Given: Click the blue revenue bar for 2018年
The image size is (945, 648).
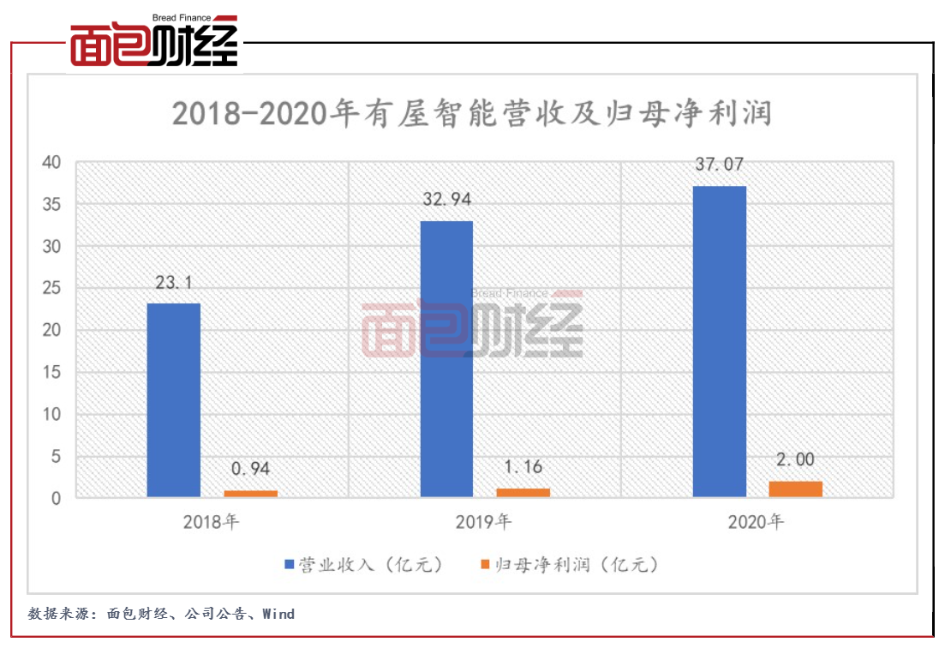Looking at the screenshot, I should (173, 399).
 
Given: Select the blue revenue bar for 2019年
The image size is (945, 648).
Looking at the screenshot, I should (446, 358).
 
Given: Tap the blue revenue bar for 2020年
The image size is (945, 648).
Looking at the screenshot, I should (720, 341).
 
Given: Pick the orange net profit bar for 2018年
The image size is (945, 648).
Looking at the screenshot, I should (251, 493).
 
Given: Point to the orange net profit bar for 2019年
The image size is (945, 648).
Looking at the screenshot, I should (523, 492).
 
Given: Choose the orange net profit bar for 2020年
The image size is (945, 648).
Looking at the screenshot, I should (797, 489).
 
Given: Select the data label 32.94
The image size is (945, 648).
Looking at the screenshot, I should (446, 201).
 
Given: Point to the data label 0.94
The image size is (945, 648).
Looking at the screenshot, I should (251, 469).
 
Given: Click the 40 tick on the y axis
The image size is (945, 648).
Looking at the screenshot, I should (53, 163).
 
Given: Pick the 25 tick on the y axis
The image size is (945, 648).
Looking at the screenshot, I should (53, 289).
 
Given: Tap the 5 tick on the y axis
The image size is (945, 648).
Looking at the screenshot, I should (57, 457).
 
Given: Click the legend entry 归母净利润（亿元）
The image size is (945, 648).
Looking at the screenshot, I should (571, 565).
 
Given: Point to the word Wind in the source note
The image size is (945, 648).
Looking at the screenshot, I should (278, 614).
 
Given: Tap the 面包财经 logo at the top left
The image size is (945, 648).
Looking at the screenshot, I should (153, 42).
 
